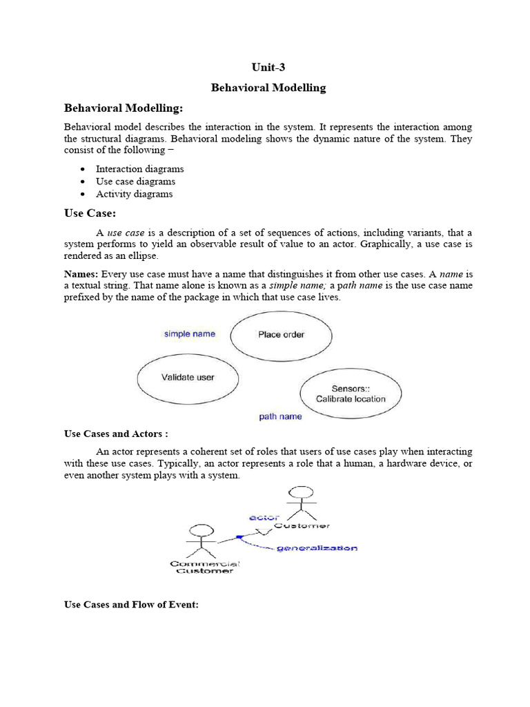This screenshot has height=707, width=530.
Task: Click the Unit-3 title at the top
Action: (x=268, y=67)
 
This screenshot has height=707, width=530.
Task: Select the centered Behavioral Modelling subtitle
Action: (x=268, y=88)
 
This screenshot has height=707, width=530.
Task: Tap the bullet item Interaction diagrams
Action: (x=139, y=169)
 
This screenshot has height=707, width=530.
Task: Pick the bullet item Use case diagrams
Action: (x=135, y=182)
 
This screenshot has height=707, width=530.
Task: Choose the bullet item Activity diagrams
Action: (x=134, y=194)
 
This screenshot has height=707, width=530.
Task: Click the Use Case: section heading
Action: (x=90, y=214)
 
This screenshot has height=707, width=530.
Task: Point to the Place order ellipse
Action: (x=281, y=335)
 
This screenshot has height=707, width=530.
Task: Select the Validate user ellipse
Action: (x=188, y=378)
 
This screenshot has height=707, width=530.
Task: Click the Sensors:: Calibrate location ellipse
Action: (x=351, y=394)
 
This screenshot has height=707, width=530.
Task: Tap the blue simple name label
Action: (x=189, y=334)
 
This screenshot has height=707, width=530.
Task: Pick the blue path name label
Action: (x=280, y=417)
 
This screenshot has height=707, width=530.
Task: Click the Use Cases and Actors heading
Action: (x=116, y=434)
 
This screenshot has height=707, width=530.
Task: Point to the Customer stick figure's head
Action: (x=299, y=492)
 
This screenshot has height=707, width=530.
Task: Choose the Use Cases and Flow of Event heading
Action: (x=131, y=605)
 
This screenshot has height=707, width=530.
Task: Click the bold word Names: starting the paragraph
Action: (x=81, y=274)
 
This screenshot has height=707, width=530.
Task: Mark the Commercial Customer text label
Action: (x=204, y=568)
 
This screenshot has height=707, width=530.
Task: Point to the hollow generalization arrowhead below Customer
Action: (x=262, y=531)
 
